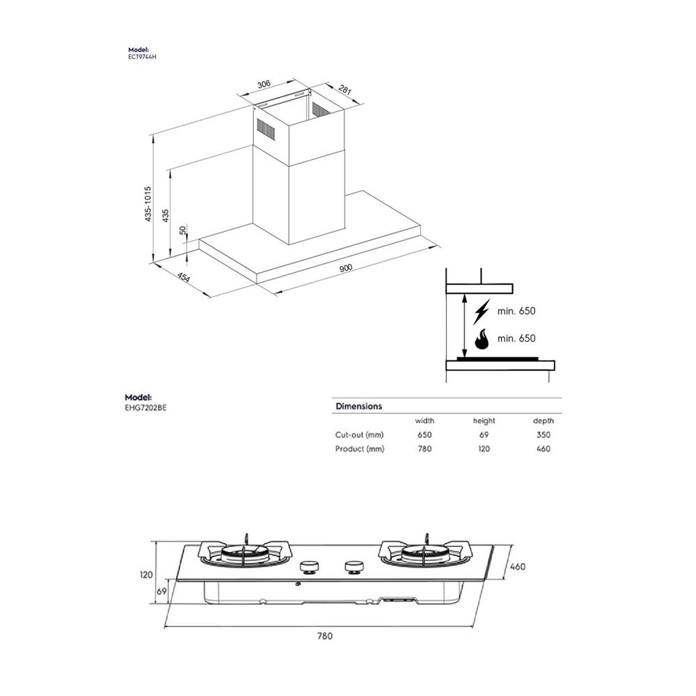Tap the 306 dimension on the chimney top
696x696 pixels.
263,84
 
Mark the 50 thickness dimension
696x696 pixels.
183,230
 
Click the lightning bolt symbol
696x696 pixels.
481,312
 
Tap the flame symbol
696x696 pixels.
481,339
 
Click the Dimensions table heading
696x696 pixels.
358,406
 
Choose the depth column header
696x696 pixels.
544,420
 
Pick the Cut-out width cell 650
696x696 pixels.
425,435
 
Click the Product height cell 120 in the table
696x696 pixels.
484,449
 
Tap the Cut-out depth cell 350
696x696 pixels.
544,435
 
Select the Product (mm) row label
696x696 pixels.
360,449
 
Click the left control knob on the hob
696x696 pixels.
309,567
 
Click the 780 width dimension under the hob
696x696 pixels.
325,635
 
